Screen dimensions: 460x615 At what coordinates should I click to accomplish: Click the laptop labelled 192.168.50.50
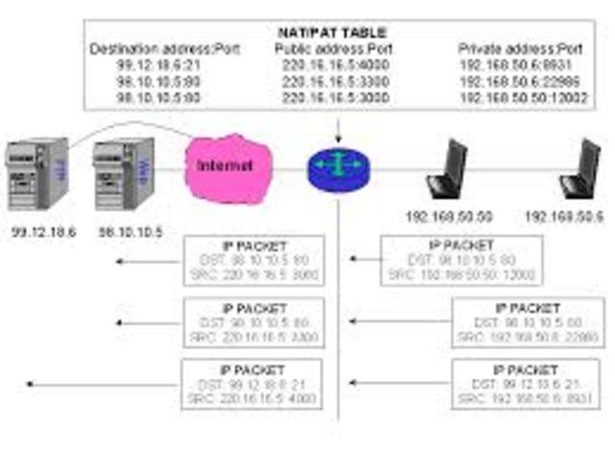tap(448, 171)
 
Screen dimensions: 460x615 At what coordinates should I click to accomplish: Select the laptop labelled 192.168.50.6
tap(581, 171)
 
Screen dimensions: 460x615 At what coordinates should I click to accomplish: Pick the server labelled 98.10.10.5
tap(123, 174)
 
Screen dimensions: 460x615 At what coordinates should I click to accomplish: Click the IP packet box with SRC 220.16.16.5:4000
tap(253, 384)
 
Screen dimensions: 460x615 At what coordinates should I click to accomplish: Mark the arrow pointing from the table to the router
tap(338, 132)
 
